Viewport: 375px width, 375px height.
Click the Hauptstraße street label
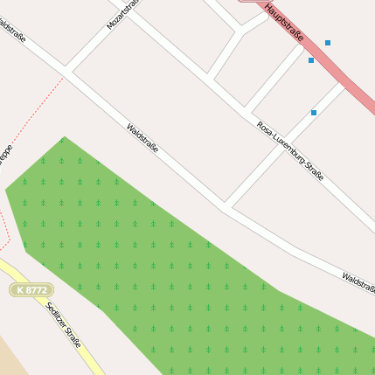[284, 24]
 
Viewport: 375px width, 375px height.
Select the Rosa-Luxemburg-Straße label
[290, 151]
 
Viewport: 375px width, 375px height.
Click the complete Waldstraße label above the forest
[142, 138]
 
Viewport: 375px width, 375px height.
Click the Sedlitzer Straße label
[63, 324]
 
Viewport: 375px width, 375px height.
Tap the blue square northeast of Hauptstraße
[328, 43]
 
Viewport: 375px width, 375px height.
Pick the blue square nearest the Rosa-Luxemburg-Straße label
[314, 113]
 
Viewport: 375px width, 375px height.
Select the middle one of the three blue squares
[311, 60]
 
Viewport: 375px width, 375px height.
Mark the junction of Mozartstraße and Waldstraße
[67, 72]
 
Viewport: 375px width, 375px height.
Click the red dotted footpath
[35, 105]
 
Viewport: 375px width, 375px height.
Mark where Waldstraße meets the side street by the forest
[226, 206]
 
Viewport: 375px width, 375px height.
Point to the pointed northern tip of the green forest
[63, 138]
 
